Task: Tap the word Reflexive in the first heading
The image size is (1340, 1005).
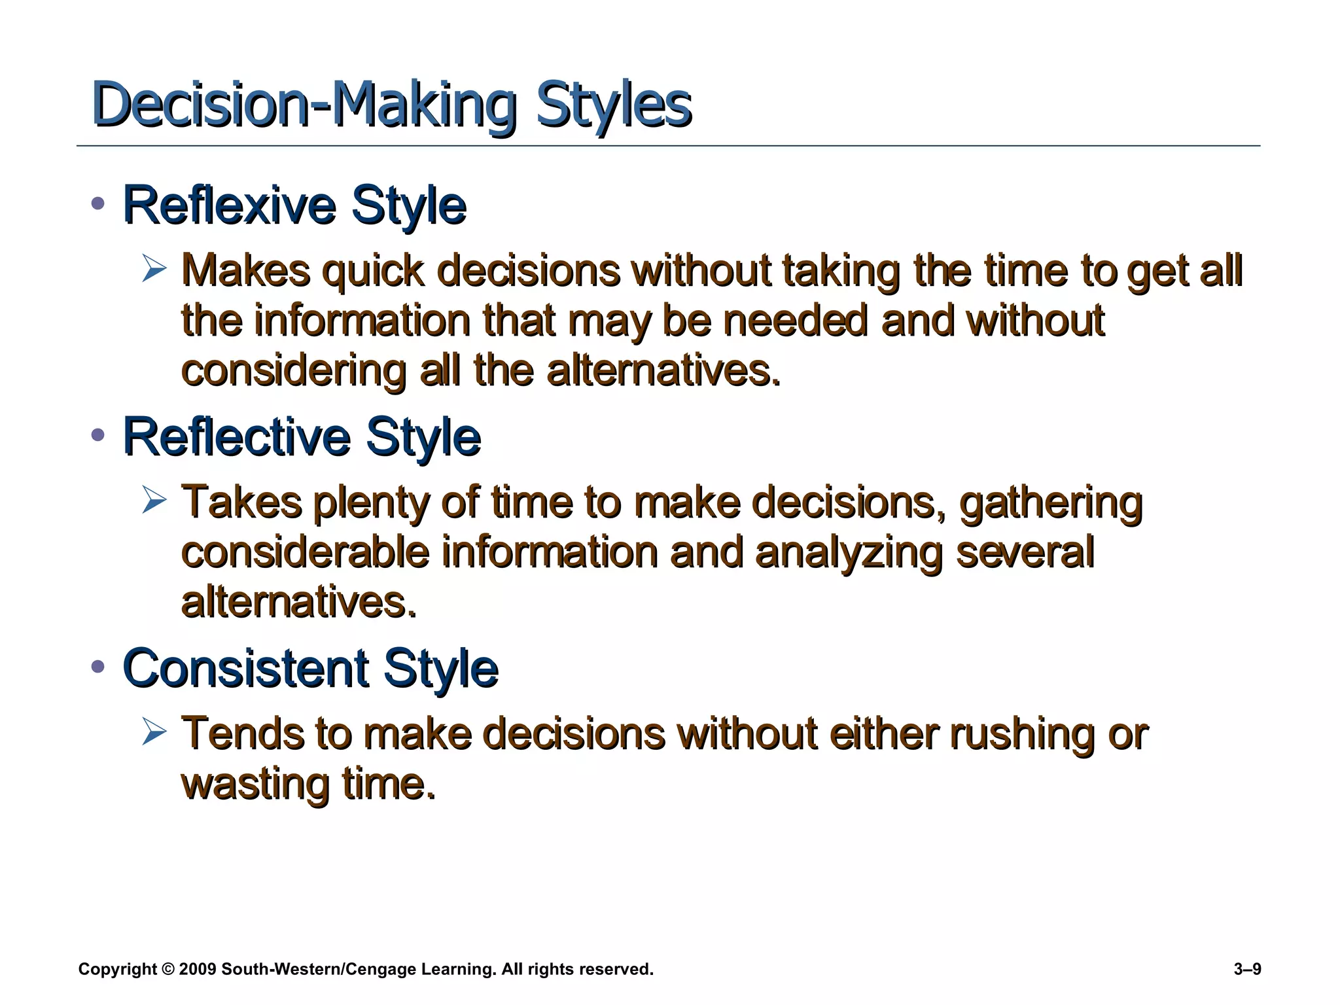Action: pos(229,206)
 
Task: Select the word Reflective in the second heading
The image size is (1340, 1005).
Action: pos(236,437)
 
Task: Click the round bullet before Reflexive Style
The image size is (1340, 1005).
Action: pos(98,203)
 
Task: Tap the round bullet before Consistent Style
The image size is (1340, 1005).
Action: pos(98,667)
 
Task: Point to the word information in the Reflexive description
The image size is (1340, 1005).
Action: pos(362,321)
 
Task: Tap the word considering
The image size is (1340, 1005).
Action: pos(294,372)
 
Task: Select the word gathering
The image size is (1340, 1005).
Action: pos(1051,504)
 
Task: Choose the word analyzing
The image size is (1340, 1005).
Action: pos(849,554)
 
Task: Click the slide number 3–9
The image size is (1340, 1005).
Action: pos(1247,970)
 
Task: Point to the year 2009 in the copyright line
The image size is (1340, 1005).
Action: pos(197,970)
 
